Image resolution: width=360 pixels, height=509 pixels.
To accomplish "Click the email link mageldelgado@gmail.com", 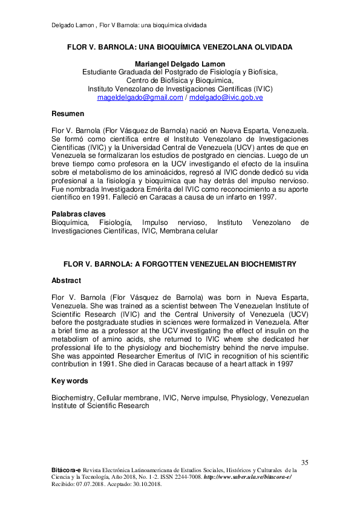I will [x=140, y=97].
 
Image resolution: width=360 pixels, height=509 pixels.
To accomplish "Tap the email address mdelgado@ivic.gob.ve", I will [x=226, y=97].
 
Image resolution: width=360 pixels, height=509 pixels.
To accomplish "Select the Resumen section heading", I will [x=68, y=114].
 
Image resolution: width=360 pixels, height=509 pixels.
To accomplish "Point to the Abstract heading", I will [x=66, y=280].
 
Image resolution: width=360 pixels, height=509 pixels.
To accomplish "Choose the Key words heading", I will [x=70, y=381].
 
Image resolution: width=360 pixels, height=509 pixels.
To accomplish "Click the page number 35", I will [x=304, y=462].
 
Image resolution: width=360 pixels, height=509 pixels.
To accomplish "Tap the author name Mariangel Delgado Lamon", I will [x=180, y=64].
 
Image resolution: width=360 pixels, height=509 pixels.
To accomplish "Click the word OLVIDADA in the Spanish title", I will [x=270, y=47].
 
